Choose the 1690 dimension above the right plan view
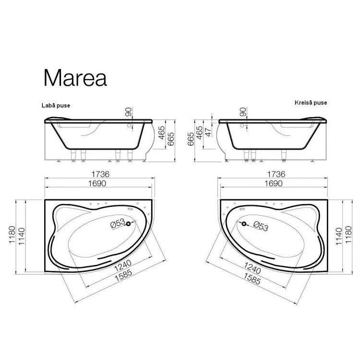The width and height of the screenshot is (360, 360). click(x=273, y=184)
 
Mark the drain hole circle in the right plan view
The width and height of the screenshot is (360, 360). click(x=244, y=224)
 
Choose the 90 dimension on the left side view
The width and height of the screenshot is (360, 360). click(x=128, y=112)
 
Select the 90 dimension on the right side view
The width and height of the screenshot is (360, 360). click(x=243, y=112)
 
